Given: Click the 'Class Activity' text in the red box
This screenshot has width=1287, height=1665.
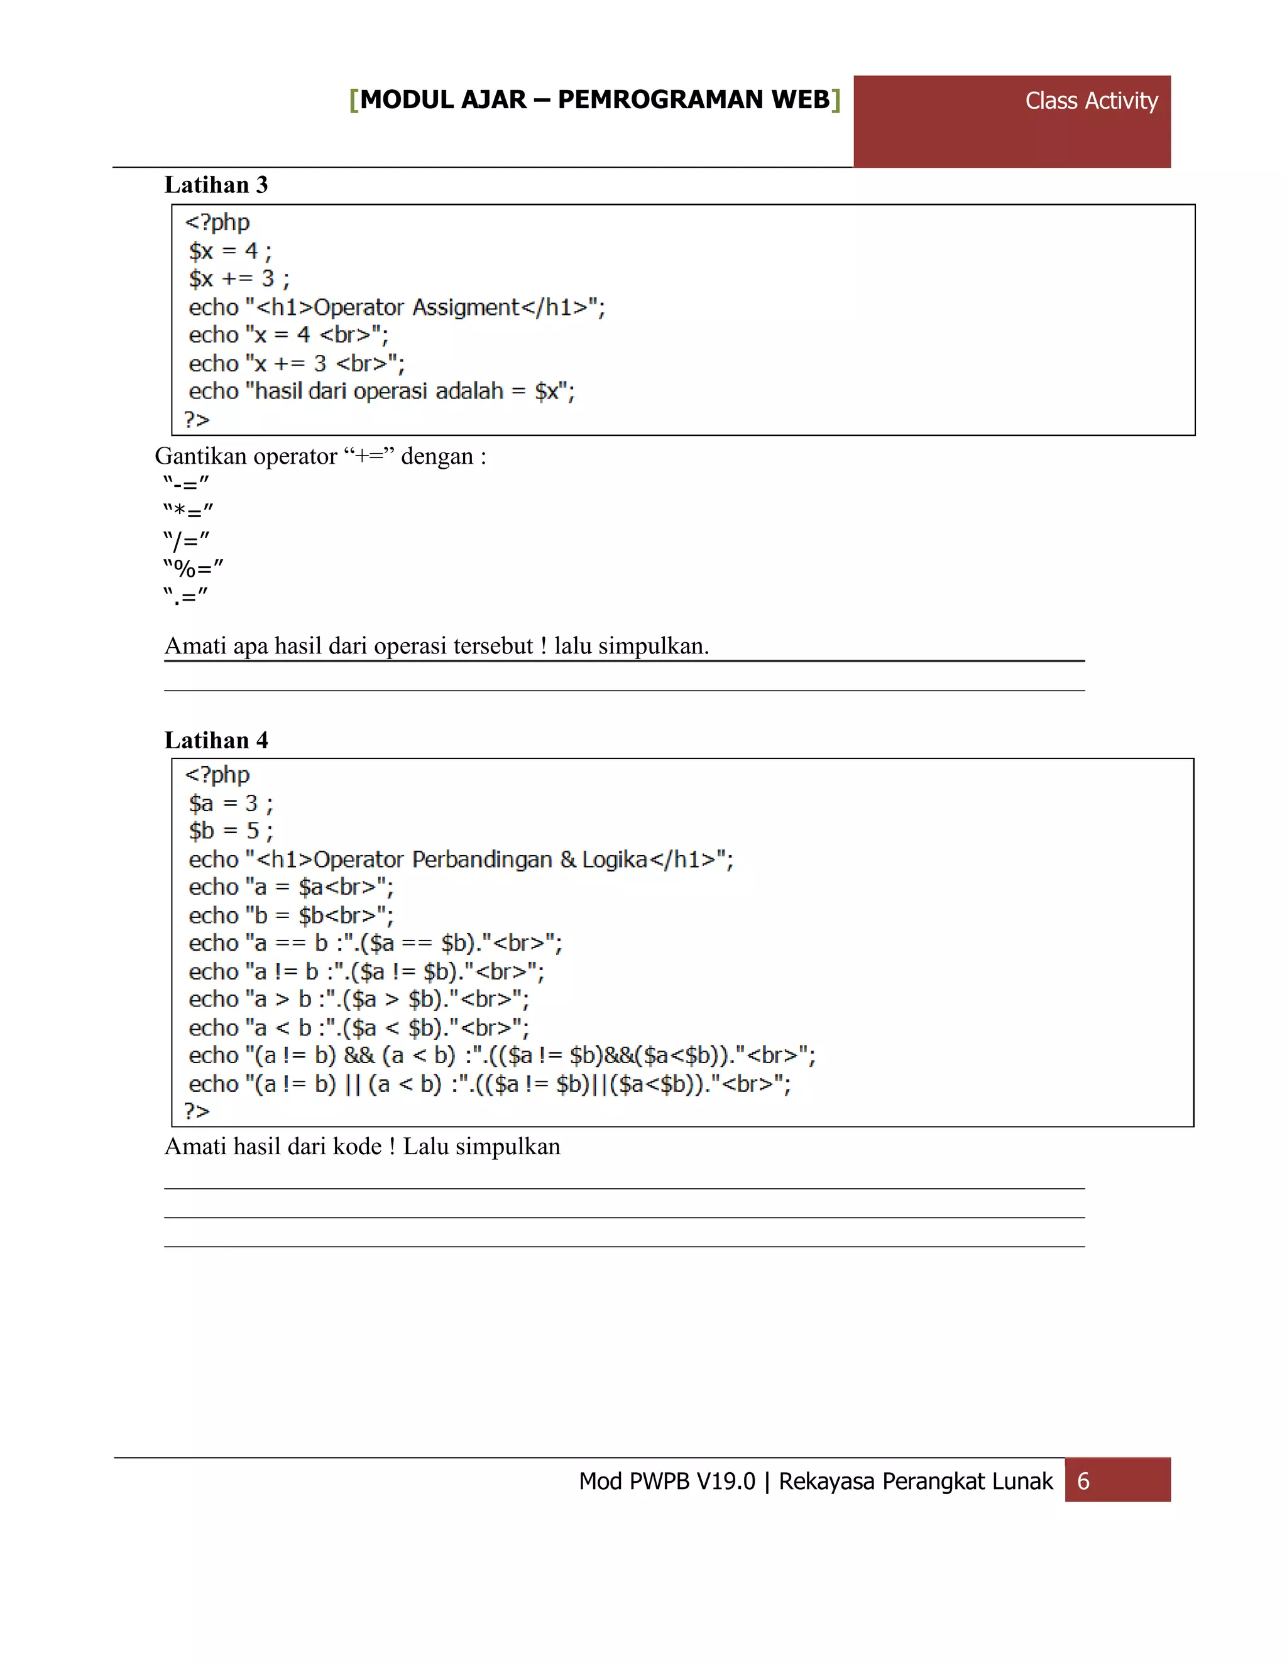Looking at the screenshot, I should [x=1090, y=101].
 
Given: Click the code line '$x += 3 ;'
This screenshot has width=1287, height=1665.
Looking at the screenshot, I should [x=239, y=278].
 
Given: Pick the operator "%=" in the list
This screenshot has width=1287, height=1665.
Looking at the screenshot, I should [x=193, y=568].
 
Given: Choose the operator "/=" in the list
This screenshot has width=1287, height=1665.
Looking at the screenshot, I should [x=186, y=540].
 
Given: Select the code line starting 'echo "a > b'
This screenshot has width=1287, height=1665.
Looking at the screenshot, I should [x=358, y=999].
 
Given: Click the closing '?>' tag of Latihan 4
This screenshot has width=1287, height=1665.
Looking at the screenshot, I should [x=197, y=1111].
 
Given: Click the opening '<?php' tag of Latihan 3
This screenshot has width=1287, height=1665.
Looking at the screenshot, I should [x=217, y=222].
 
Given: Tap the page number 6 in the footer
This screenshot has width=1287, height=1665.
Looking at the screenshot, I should [x=1083, y=1482].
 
